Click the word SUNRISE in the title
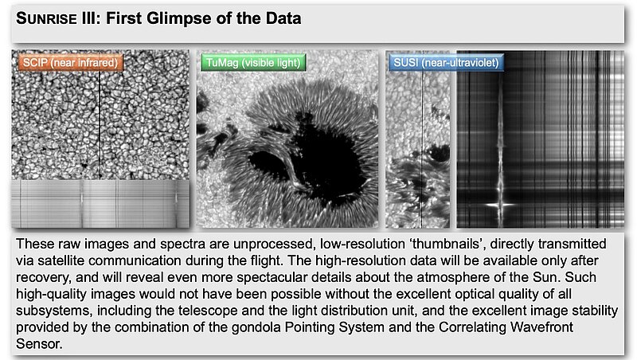(x=46, y=18)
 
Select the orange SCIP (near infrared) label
(x=70, y=63)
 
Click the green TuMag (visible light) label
(x=252, y=63)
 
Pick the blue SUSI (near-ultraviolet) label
(x=446, y=63)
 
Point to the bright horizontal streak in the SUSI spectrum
(x=500, y=205)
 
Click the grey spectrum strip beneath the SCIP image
(x=100, y=204)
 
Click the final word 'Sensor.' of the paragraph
(x=39, y=344)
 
